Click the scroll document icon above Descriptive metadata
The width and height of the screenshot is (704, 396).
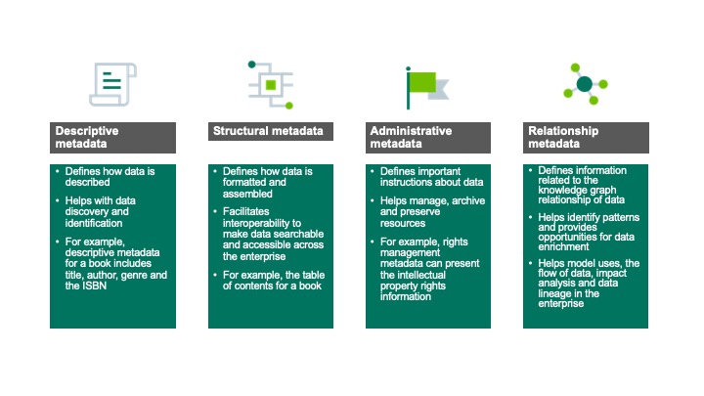pos(112,84)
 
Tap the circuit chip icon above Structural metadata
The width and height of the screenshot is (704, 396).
pos(270,84)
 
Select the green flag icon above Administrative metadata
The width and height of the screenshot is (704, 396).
pos(427,86)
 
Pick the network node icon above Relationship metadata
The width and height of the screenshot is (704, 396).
pos(585,84)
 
